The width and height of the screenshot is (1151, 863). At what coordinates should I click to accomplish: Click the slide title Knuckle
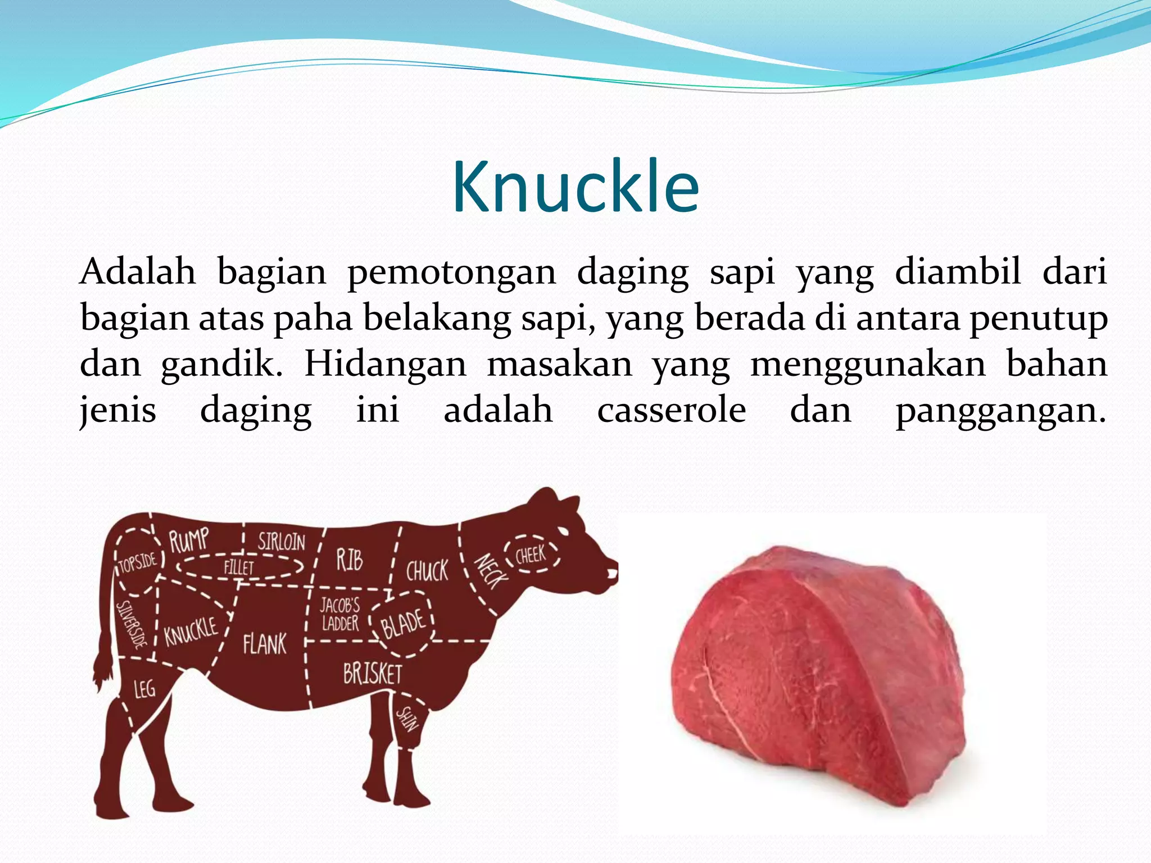[575, 187]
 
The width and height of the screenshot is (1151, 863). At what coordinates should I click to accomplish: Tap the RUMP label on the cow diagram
[189, 540]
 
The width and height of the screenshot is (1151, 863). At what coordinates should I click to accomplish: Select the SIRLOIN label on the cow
[282, 541]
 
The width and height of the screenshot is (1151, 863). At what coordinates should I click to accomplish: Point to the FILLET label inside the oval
[239, 567]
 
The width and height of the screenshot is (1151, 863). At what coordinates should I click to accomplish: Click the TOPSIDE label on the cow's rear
[138, 562]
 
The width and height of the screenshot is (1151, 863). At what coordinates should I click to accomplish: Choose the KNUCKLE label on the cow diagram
[191, 630]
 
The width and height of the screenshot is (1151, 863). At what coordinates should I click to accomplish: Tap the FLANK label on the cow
[265, 644]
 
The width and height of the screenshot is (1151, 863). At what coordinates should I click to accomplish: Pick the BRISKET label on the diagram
[373, 673]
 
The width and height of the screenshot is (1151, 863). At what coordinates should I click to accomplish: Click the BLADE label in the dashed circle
[403, 624]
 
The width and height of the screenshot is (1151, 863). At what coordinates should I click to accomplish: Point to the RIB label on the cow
[350, 560]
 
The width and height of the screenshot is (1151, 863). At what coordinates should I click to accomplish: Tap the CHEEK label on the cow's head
[531, 556]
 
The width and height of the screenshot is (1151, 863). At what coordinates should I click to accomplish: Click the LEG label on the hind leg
[144, 688]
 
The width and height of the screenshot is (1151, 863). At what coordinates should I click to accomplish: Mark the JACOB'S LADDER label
[340, 614]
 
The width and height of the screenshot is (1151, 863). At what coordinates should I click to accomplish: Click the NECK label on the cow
[491, 571]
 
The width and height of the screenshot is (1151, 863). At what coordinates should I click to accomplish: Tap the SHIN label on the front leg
[407, 720]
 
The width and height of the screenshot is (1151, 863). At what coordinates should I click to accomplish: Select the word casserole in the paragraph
[672, 410]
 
